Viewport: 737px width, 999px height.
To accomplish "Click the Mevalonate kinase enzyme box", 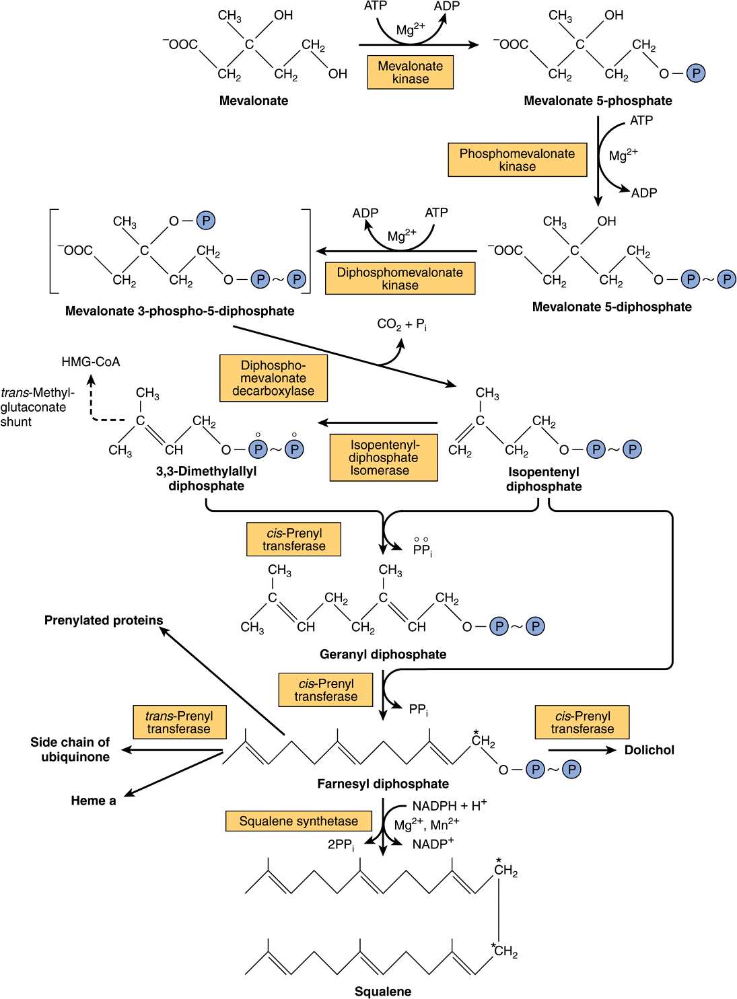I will coord(410,73).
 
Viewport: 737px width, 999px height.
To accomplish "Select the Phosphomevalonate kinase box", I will coord(517,160).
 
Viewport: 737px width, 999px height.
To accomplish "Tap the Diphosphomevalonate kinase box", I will coord(400,279).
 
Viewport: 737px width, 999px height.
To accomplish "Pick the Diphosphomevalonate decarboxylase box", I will coord(273,378).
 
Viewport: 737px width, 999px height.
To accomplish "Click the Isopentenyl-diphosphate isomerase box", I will coord(384,457).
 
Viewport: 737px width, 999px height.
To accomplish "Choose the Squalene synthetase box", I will coord(299,821).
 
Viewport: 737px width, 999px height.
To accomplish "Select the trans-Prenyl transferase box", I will coord(179,723).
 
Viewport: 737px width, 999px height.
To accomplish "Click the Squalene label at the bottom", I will coord(383,991).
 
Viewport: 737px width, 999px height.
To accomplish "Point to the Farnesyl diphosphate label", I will coord(383,784).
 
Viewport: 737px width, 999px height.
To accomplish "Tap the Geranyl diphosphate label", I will coord(383,654).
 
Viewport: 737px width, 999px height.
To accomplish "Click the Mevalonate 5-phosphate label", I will coord(598,101).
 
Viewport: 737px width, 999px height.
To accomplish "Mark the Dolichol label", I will coord(649,750).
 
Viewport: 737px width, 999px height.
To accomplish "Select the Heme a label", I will coord(94,801).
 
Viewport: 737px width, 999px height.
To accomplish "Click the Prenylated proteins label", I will coord(104,620).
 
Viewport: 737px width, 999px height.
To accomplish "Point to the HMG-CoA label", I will coord(91,362).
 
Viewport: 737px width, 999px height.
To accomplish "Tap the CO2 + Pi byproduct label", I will coord(402,325).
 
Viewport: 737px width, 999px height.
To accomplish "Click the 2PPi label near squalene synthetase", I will coord(341,845).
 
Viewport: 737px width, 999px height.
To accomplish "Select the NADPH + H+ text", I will coord(449,805).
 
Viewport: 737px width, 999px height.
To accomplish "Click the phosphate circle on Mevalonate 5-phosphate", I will coord(696,73).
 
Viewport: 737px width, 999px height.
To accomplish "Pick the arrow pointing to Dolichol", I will coord(582,750).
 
